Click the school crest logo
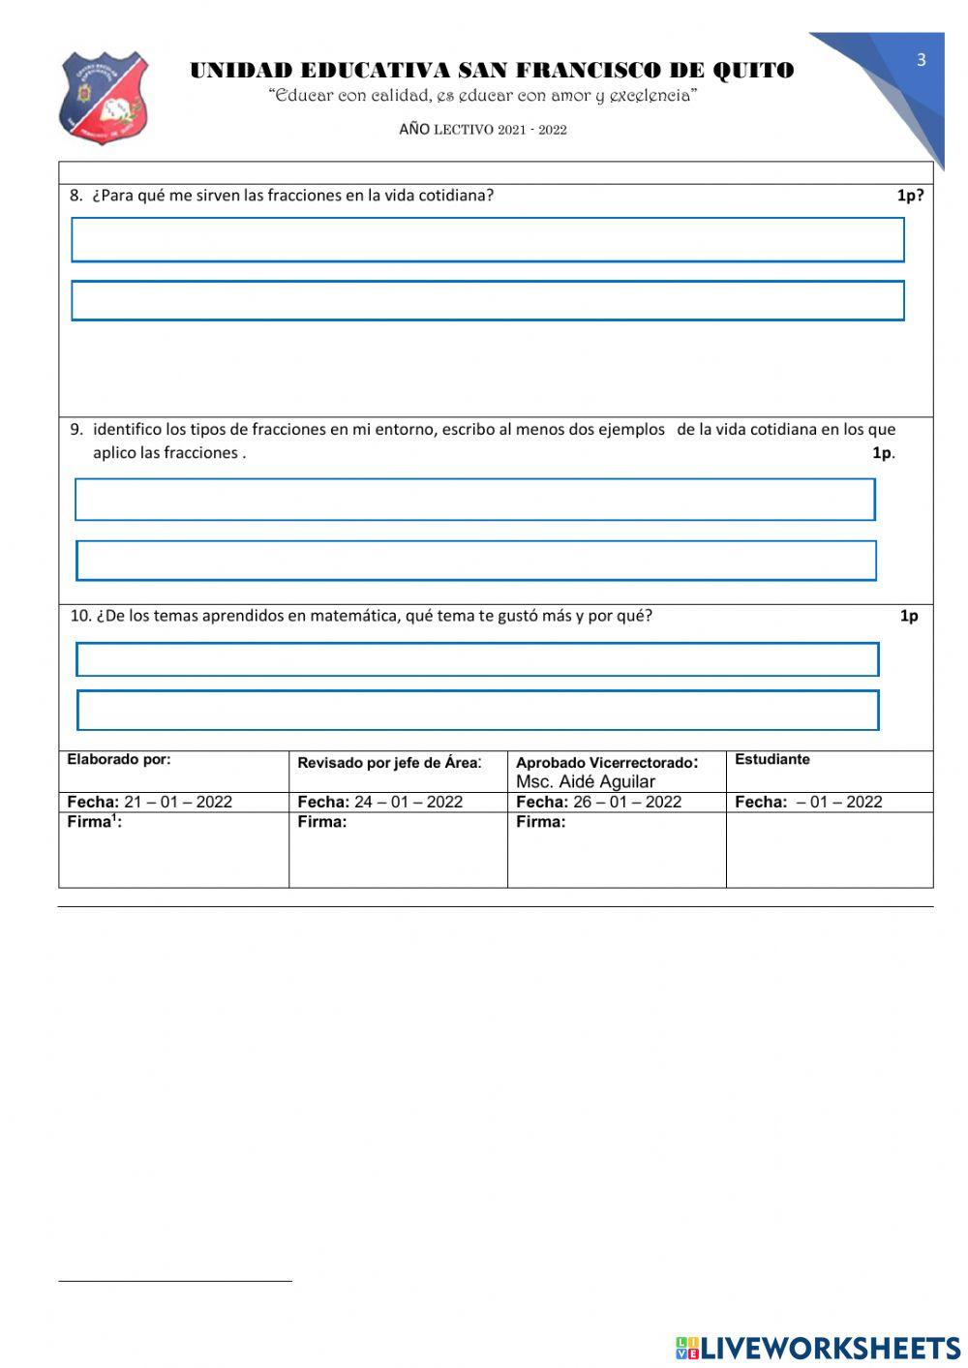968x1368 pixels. point(104,98)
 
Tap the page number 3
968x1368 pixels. point(921,60)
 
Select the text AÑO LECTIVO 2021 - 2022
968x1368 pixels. point(482,130)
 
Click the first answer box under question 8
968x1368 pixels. point(488,239)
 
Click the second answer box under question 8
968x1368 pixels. point(488,300)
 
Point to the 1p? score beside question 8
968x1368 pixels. point(909,196)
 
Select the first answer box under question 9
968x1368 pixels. point(475,500)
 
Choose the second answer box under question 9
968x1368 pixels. point(476,561)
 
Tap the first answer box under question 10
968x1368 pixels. point(477,659)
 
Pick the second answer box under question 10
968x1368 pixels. point(478,710)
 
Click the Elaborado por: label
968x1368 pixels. point(118,760)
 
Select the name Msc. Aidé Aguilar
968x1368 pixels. point(586,782)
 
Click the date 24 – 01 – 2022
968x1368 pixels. point(408,803)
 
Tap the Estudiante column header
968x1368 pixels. point(772,760)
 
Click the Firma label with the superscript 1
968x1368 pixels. point(94,823)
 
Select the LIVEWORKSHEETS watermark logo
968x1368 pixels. point(818,1348)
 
